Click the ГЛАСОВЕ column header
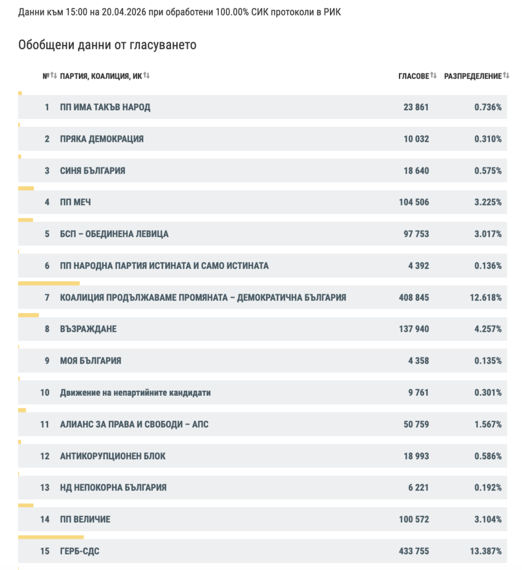point(413,76)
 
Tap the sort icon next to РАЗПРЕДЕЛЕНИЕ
point(506,76)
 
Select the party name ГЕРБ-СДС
point(80,551)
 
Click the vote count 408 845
point(413,297)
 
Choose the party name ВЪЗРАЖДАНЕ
point(88,329)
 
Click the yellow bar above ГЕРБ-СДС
point(51,537)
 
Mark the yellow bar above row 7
point(49,283)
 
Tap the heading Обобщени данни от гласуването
point(107,45)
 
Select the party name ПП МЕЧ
point(75,202)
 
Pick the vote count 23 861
point(416,107)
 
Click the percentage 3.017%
point(487,234)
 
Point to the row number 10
point(45,392)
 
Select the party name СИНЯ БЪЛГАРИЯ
point(92,170)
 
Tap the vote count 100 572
point(413,519)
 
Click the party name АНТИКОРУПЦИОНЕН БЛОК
point(112,456)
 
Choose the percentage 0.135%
point(487,361)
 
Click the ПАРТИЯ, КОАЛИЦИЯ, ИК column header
point(101,76)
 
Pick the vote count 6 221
point(418,488)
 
